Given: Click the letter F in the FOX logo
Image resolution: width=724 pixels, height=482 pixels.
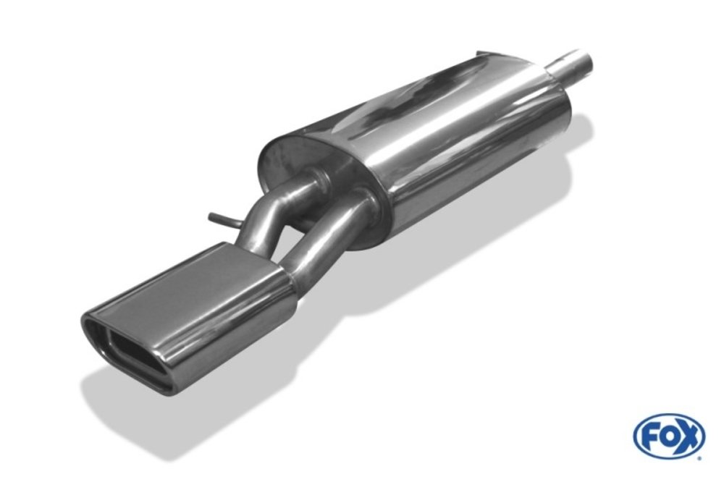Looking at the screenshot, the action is click(x=648, y=436).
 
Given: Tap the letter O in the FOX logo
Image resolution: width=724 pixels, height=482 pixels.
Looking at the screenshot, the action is click(x=668, y=436).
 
